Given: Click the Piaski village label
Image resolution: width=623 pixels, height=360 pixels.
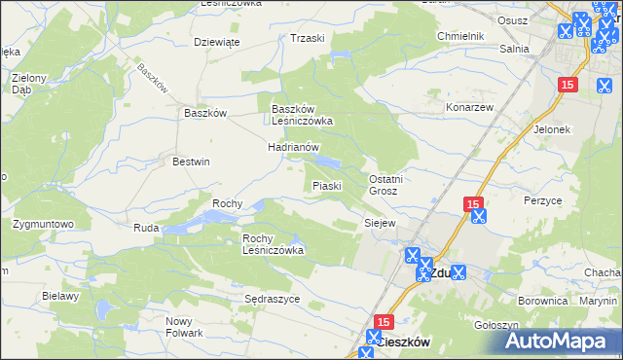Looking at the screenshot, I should click(325, 185).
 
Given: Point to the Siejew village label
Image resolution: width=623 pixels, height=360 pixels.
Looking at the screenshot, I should click(380, 223).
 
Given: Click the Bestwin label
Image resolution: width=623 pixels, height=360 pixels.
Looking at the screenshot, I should click(191, 162).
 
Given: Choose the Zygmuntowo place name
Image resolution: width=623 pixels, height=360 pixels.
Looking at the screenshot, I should click(43, 224).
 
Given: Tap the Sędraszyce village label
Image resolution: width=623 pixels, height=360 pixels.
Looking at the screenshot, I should click(272, 299).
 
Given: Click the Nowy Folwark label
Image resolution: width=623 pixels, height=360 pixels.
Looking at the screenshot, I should click(184, 327).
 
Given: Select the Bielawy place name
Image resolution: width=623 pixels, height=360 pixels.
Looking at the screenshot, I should click(60, 296).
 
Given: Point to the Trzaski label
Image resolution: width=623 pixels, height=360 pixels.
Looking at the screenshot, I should click(307, 38).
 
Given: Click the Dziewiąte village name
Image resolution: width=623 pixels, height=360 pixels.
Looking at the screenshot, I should click(216, 42).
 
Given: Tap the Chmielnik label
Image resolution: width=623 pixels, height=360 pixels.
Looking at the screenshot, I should click(460, 36).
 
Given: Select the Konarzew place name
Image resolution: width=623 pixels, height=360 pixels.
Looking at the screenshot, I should click(471, 106).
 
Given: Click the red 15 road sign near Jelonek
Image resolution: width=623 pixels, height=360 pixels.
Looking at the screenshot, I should click(569, 86).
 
